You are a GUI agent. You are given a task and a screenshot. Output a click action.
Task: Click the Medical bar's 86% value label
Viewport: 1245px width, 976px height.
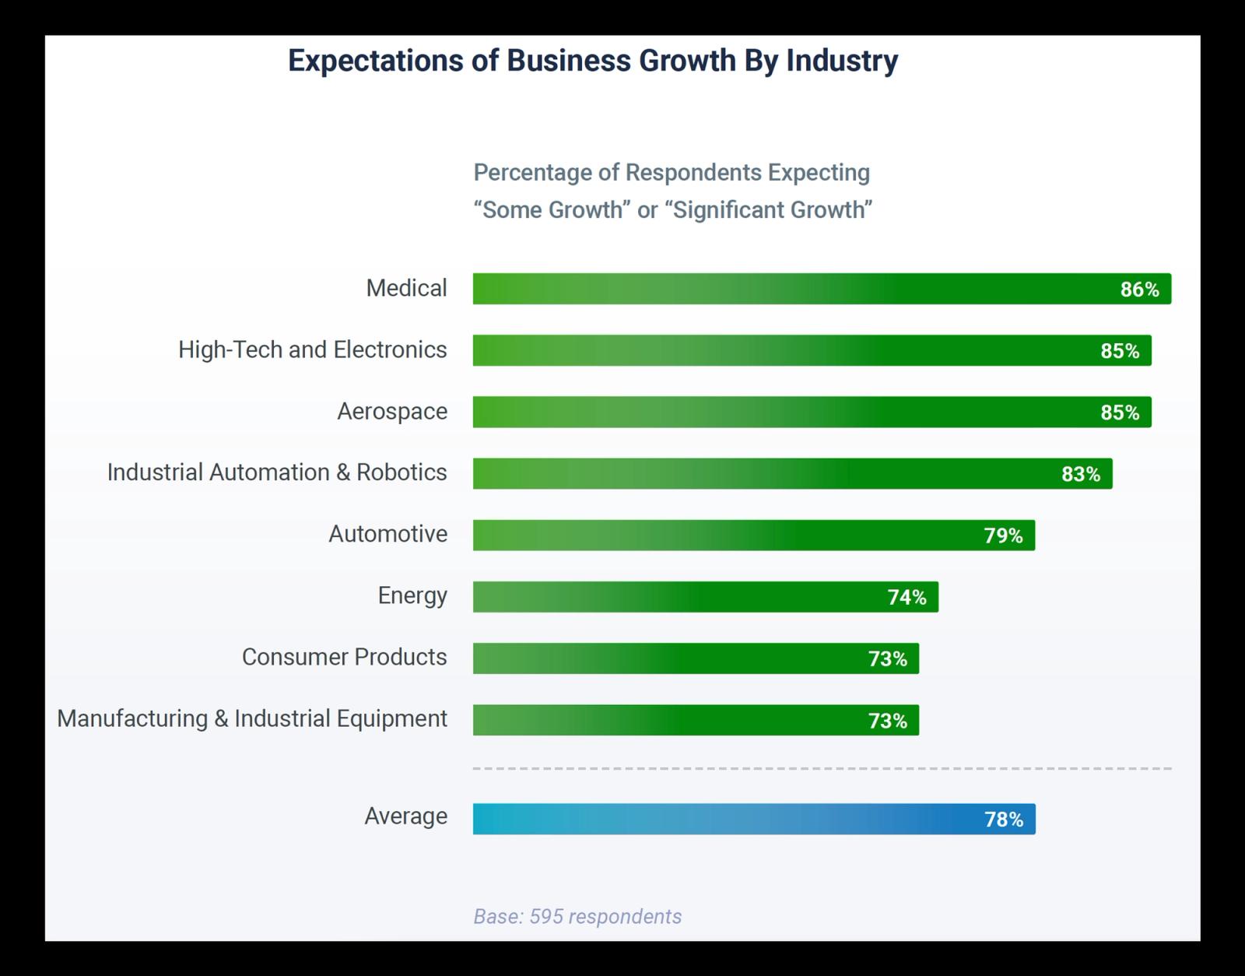coord(1139,290)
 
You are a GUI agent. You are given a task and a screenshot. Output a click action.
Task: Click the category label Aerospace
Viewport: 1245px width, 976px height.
coord(391,411)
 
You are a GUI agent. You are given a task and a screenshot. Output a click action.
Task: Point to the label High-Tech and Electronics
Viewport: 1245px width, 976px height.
coord(312,349)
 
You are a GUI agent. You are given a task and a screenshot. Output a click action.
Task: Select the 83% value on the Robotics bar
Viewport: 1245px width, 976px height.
coord(1081,474)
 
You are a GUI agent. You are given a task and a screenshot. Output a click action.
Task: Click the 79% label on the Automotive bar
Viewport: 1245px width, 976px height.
coord(1003,535)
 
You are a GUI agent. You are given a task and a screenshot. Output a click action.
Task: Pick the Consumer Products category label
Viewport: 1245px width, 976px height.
coord(344,657)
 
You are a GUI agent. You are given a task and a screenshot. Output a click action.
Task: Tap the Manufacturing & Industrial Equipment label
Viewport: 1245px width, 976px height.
coord(252,718)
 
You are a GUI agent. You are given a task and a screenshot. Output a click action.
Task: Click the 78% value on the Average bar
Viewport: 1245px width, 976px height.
coord(1004,820)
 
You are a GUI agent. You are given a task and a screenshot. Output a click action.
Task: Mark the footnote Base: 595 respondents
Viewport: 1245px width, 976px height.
coord(577,916)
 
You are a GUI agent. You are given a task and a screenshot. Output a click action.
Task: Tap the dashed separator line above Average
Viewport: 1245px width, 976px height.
coord(822,768)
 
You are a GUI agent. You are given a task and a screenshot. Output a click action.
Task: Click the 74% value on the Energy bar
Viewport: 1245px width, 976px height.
coord(907,597)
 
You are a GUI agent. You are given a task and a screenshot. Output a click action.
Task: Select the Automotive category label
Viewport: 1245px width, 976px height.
coord(388,534)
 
